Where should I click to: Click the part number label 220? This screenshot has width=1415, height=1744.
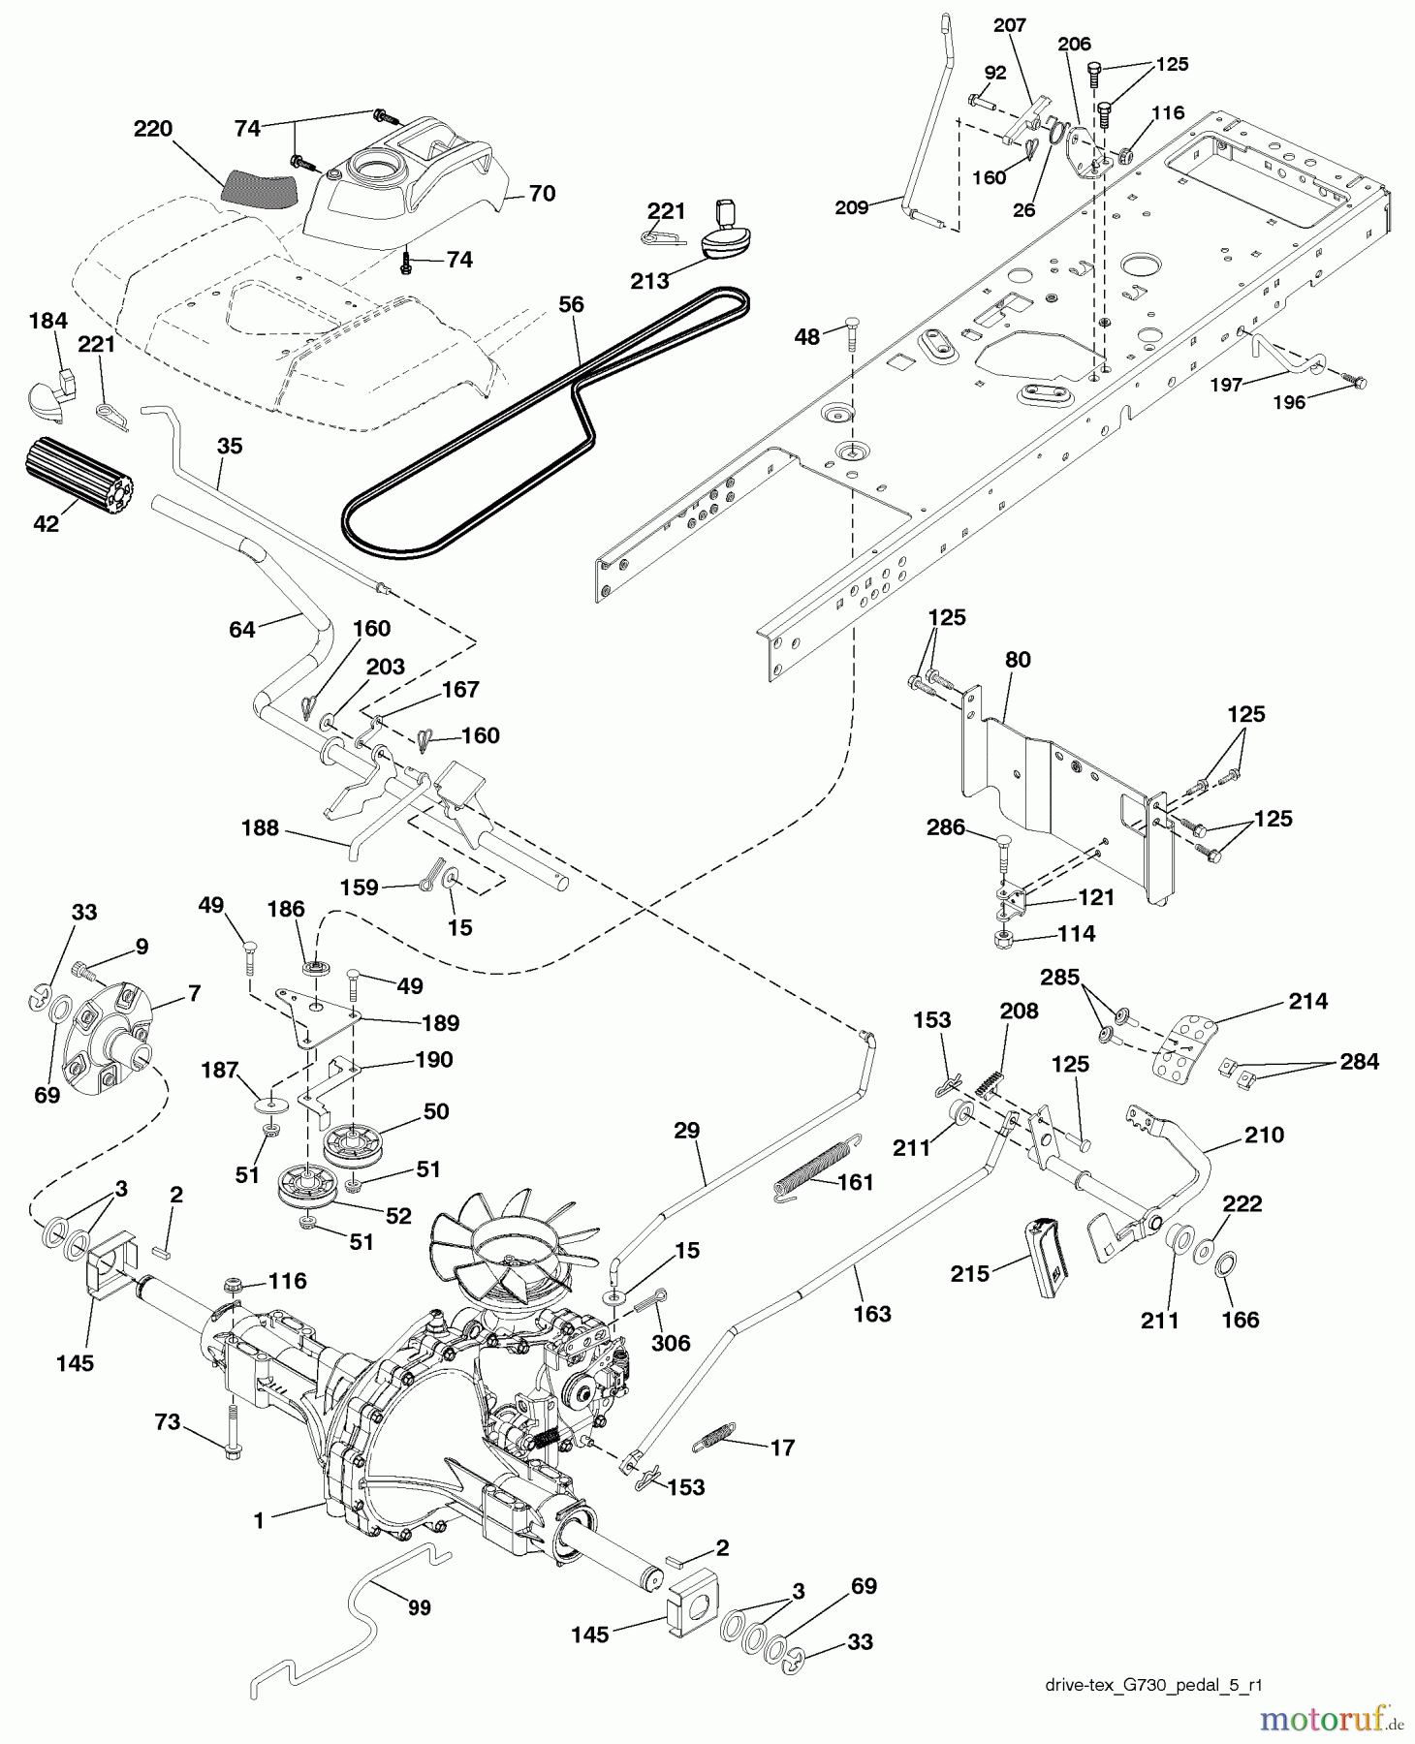(x=153, y=129)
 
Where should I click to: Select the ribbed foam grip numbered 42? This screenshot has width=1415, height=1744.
(x=79, y=483)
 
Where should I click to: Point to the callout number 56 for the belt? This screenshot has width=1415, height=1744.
(x=571, y=304)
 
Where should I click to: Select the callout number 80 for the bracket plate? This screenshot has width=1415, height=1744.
(x=1018, y=660)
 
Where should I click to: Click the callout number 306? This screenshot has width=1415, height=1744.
(x=671, y=1343)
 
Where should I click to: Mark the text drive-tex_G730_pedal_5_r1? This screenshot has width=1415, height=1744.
(x=1153, y=1685)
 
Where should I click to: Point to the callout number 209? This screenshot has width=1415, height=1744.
(x=852, y=207)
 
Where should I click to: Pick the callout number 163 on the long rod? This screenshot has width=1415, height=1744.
(x=872, y=1314)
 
